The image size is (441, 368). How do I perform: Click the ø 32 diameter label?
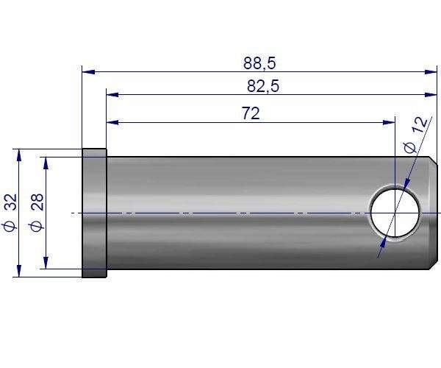click(10, 213)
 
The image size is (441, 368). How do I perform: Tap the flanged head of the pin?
click(94, 213)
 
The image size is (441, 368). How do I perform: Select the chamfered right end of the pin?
click(434, 213)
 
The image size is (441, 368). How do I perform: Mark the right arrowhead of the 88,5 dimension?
click(433, 72)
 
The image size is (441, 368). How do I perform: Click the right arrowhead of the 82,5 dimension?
click(433, 95)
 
